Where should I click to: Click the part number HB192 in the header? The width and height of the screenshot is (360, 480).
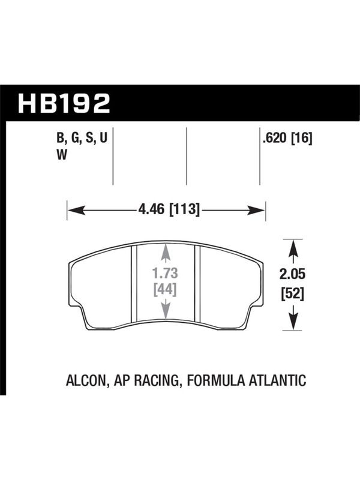click(64, 103)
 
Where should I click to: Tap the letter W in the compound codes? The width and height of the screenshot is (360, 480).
click(62, 155)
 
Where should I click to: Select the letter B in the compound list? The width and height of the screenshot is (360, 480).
click(60, 139)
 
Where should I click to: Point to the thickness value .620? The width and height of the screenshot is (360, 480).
click(275, 139)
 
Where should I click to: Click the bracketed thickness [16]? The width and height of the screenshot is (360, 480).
click(302, 139)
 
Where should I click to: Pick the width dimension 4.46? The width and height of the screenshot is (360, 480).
click(151, 209)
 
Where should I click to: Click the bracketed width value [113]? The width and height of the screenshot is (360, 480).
click(184, 210)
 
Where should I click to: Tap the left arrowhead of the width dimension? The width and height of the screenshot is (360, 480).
click(76, 211)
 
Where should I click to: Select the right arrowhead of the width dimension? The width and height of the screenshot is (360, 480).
click(256, 211)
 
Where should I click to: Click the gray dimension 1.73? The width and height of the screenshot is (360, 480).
click(166, 274)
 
